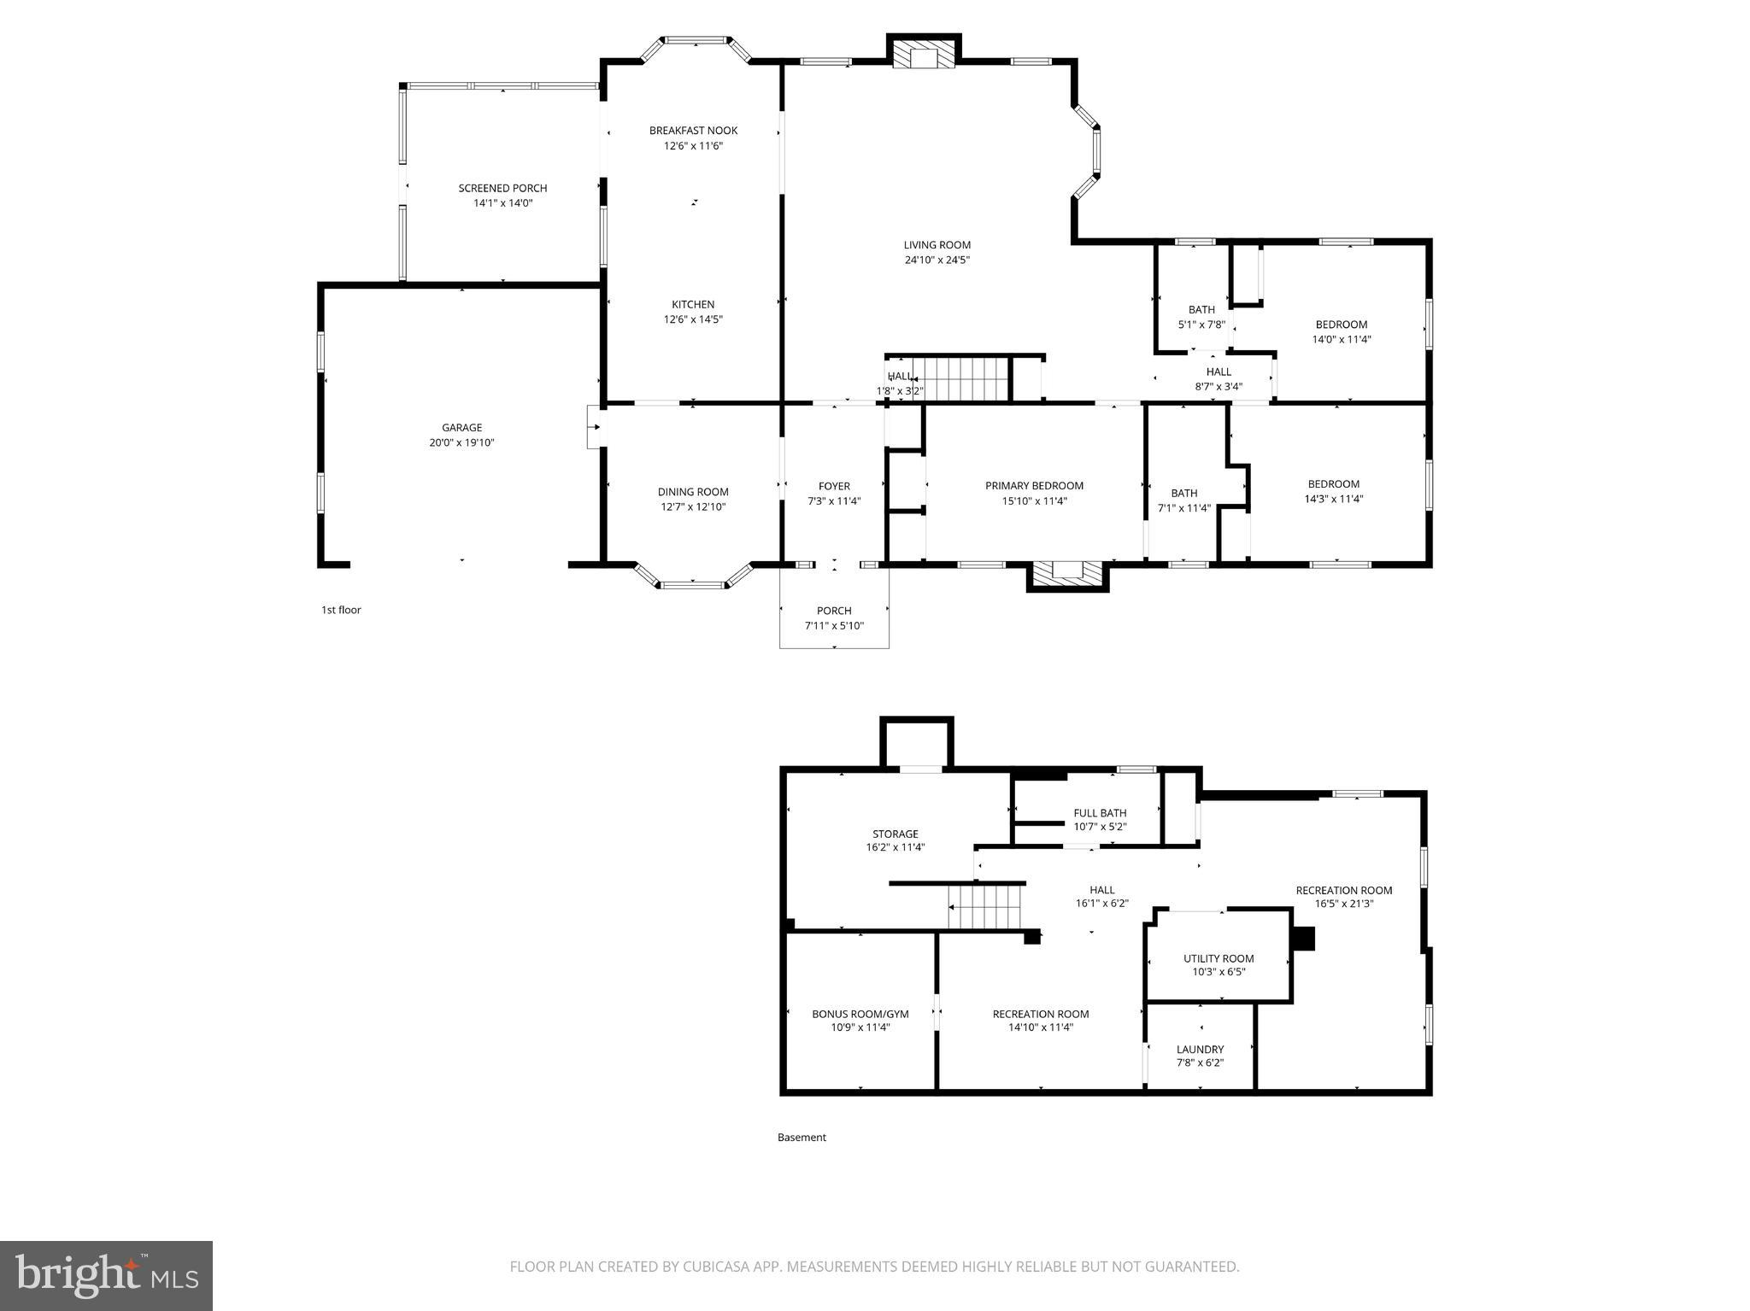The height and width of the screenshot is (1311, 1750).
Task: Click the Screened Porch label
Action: click(x=502, y=188)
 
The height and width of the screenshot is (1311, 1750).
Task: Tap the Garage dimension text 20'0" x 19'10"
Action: click(x=461, y=442)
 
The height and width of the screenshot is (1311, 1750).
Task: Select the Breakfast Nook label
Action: click(x=693, y=131)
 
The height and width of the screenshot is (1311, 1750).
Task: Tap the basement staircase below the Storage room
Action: click(x=986, y=907)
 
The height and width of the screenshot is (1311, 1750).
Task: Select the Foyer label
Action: click(x=834, y=486)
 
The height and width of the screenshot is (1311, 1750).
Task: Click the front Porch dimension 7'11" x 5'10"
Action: click(x=834, y=625)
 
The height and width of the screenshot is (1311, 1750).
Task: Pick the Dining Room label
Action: click(x=693, y=492)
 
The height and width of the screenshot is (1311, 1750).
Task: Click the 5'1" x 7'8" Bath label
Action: click(x=1201, y=310)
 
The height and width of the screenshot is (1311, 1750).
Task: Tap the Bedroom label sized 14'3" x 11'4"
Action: click(x=1333, y=484)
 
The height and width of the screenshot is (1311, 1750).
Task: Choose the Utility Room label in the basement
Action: click(x=1219, y=958)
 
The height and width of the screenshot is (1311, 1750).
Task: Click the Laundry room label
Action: click(x=1200, y=1049)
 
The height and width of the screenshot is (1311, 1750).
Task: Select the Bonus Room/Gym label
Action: click(x=860, y=1014)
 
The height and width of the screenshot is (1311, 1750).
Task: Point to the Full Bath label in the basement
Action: click(x=1100, y=813)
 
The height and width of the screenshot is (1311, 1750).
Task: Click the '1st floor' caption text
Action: click(x=341, y=610)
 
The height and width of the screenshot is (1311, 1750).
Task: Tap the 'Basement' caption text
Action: click(x=802, y=1137)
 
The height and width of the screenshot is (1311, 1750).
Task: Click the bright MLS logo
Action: click(x=106, y=1274)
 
